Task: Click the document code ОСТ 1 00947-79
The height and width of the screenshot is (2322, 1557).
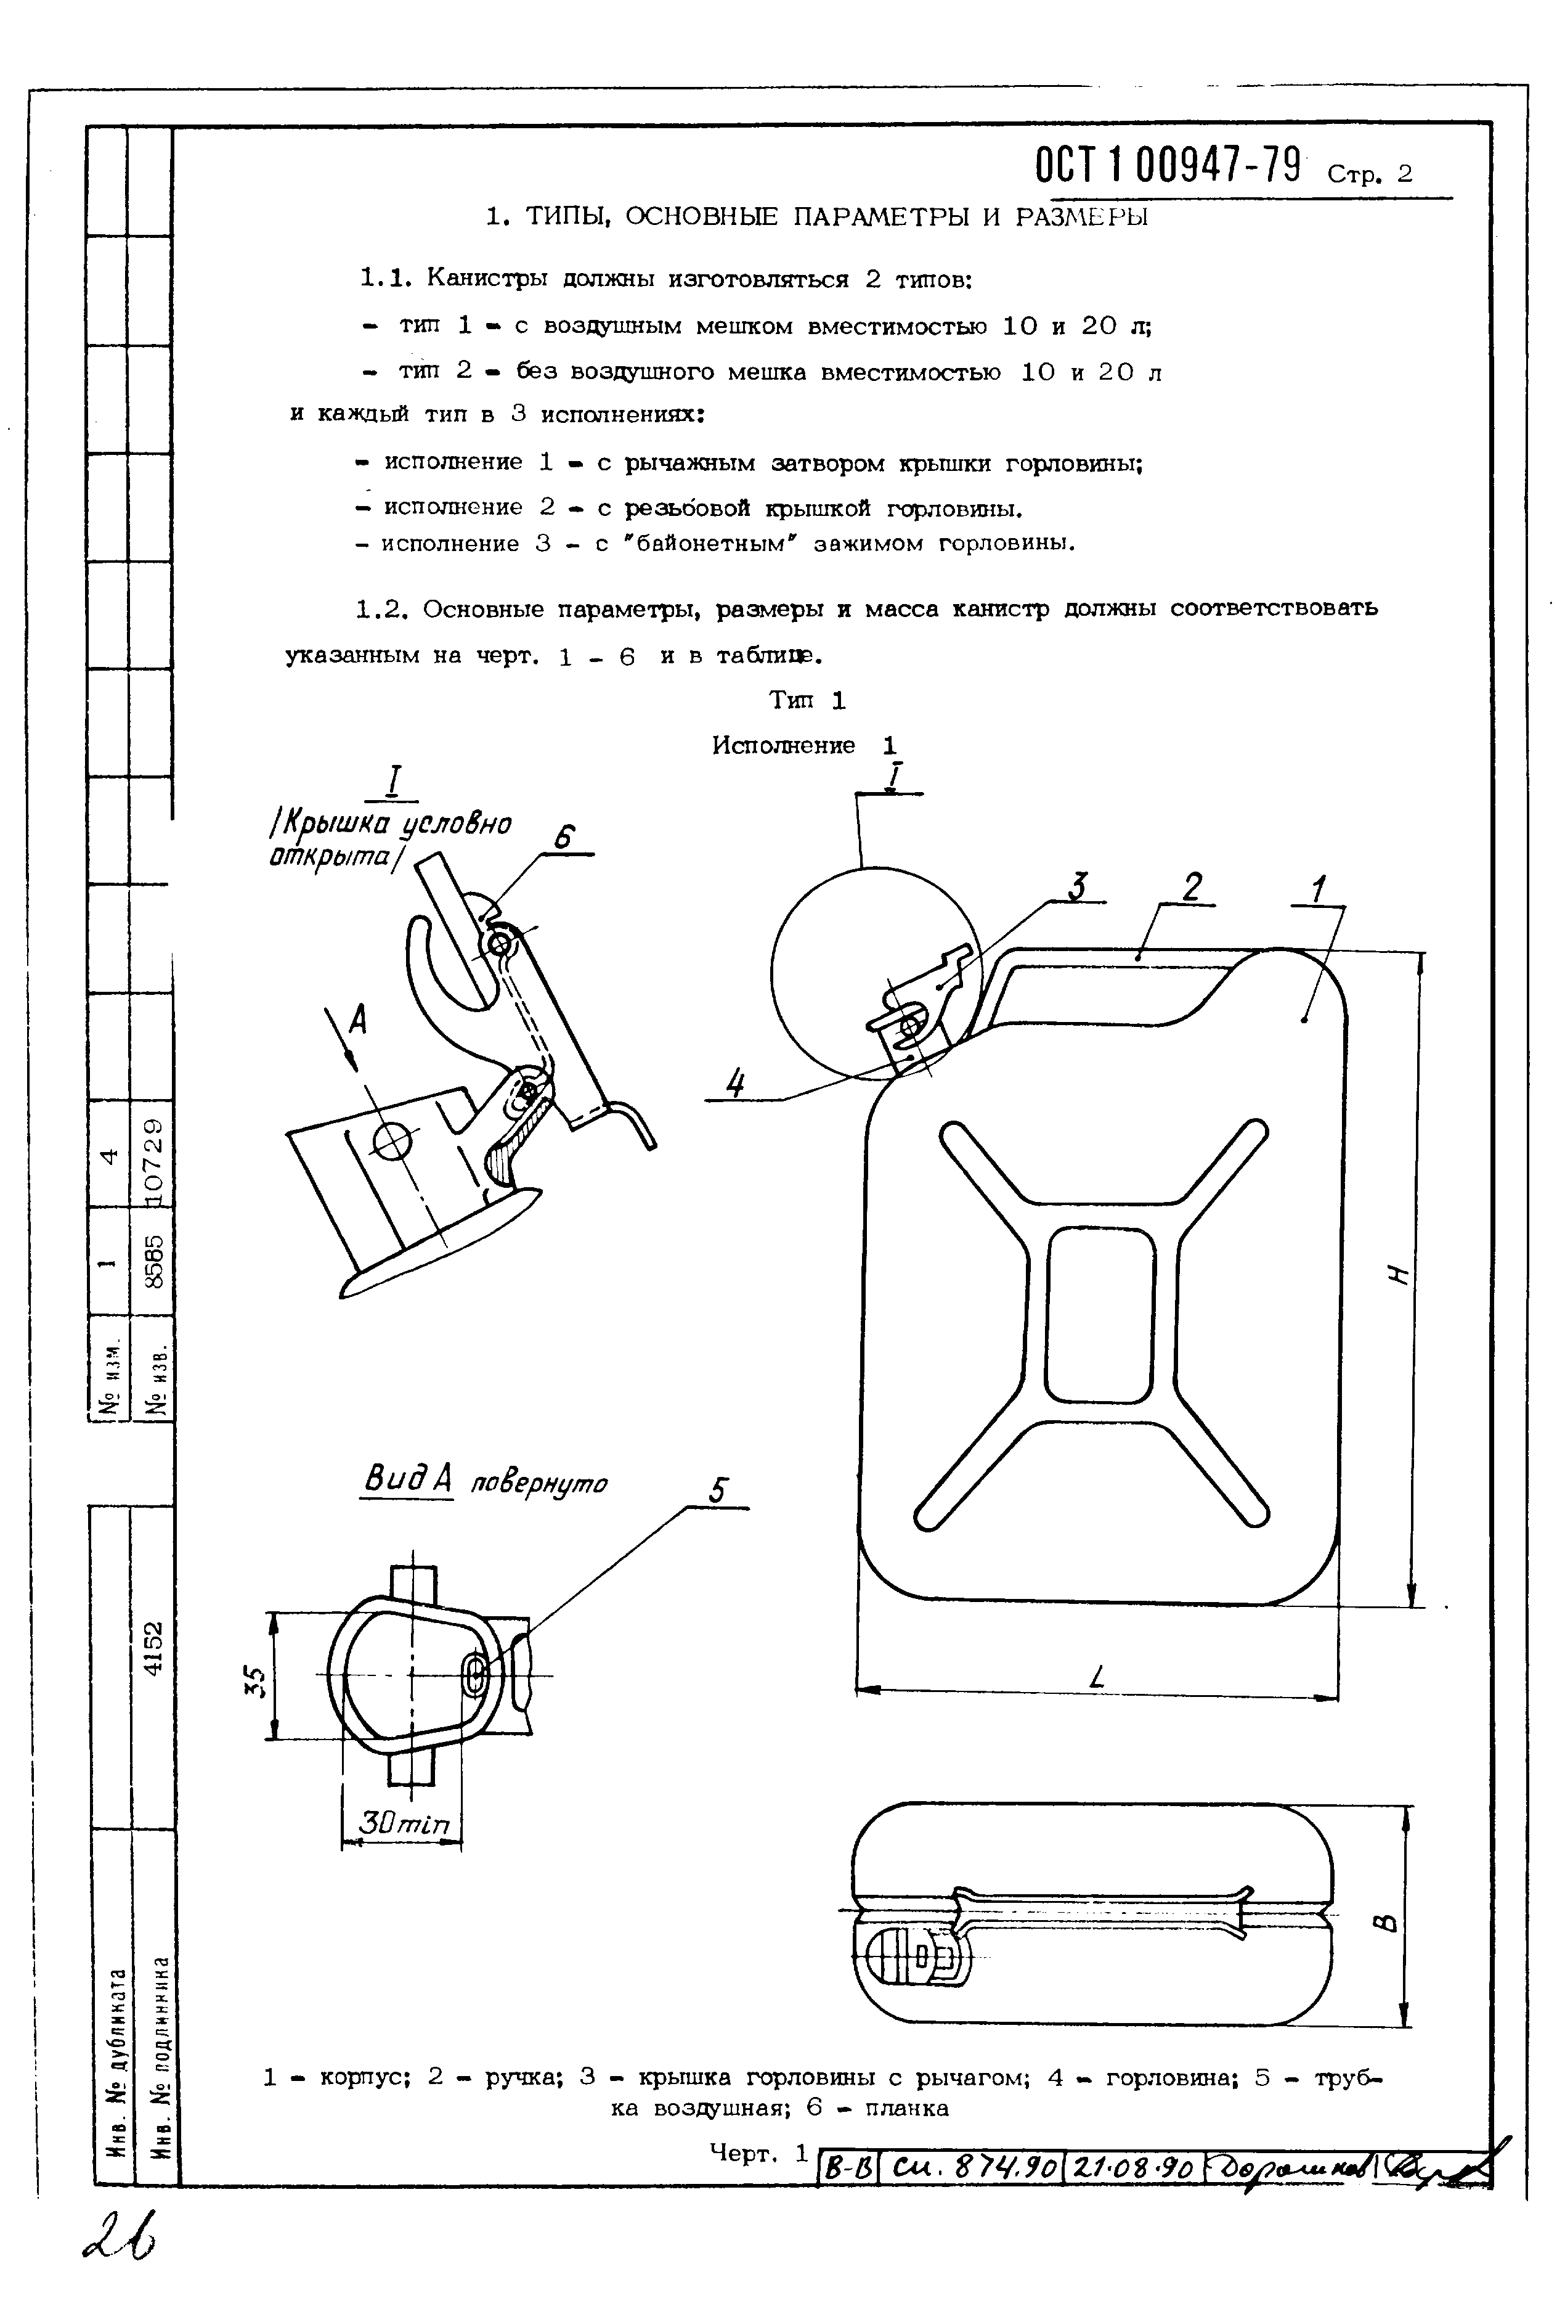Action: tap(1168, 167)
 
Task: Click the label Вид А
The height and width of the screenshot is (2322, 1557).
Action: tap(406, 1480)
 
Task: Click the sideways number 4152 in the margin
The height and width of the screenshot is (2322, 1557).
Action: tap(152, 1649)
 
